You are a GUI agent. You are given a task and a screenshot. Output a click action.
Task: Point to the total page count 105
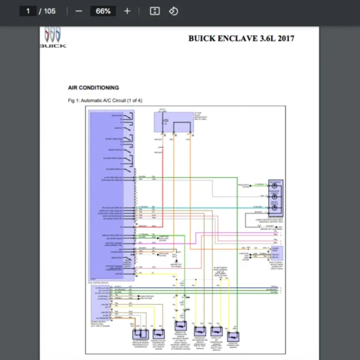[49, 11]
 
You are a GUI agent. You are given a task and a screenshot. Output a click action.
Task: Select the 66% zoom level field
[103, 11]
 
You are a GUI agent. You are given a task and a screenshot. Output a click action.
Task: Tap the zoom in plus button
[127, 11]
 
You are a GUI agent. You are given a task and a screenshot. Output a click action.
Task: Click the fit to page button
[154, 11]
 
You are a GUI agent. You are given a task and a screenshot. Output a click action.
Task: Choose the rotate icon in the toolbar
[173, 11]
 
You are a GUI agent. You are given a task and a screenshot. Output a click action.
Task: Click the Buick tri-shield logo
[53, 35]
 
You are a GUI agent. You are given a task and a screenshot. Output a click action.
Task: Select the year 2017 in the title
[284, 39]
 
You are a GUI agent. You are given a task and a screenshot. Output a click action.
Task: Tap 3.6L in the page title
[266, 39]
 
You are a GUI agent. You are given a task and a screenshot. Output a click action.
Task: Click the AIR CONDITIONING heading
[93, 88]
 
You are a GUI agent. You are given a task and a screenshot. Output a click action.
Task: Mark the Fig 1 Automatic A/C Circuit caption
[105, 100]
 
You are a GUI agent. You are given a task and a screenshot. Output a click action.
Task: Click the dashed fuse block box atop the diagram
[169, 122]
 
